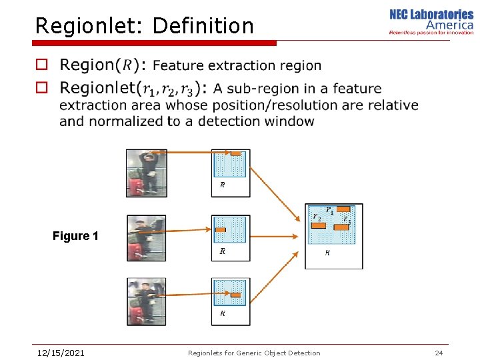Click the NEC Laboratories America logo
[431, 21]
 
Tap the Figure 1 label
[75, 236]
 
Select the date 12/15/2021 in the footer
[60, 353]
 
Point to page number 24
[439, 353]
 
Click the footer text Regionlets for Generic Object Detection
[254, 353]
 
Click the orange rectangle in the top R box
[235, 154]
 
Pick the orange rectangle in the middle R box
[221, 230]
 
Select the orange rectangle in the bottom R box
[235, 295]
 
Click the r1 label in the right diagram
[329, 211]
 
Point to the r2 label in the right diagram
[317, 217]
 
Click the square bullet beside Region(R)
[42, 65]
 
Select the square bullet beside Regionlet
[42, 87]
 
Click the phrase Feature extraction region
[237, 65]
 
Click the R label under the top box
[223, 185]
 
